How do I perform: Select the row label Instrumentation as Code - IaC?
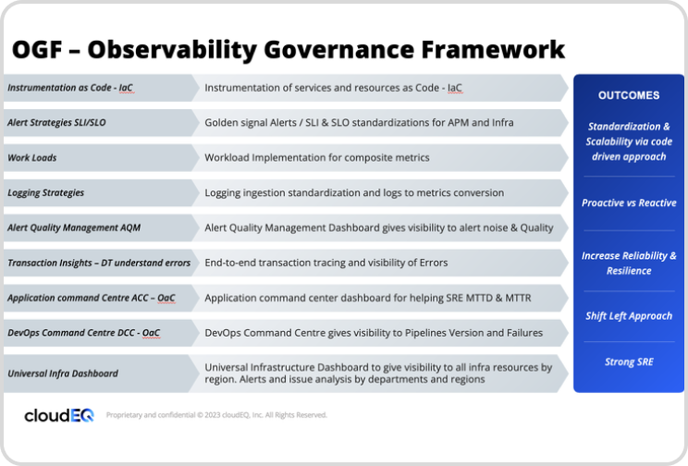point(70,88)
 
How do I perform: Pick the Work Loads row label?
point(32,157)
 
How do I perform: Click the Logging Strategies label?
point(46,192)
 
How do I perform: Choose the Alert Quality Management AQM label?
point(74,227)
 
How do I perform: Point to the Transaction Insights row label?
point(99,263)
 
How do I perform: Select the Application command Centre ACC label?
point(91,298)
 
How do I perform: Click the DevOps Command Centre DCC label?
point(84,333)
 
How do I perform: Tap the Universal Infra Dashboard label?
point(63,374)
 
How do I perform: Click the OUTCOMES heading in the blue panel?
point(629,95)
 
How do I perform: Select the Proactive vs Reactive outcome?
point(629,202)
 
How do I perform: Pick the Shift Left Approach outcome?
point(629,316)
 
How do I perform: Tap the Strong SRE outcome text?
point(629,362)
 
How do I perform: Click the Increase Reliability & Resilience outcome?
point(629,264)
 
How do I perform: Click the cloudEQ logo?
point(59,415)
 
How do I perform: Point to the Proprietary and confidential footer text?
point(216,415)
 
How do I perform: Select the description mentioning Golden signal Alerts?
point(359,122)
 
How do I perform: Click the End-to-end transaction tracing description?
point(326,263)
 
